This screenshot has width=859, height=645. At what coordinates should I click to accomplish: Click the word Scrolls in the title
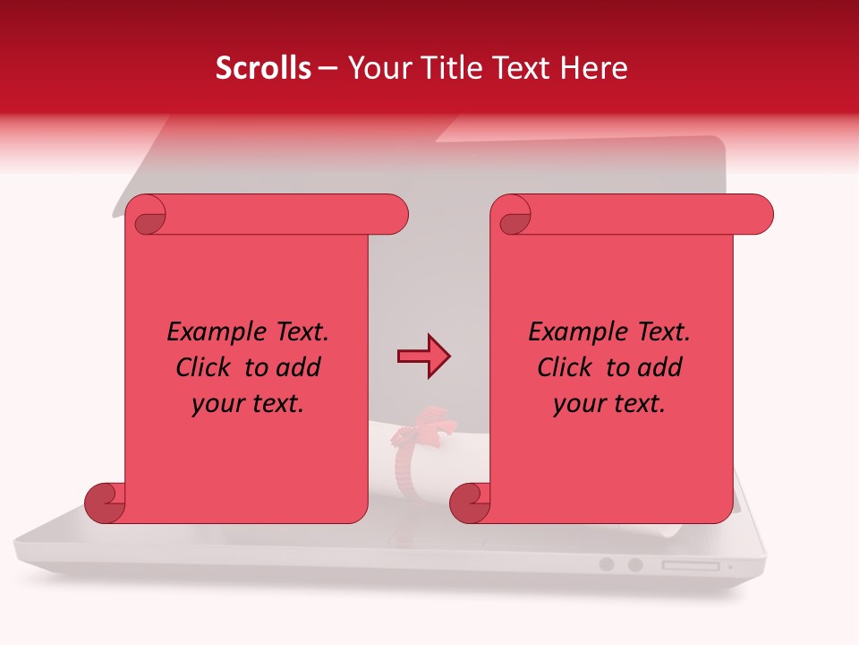tap(263, 68)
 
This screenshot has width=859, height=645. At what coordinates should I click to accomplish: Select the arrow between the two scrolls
tap(423, 357)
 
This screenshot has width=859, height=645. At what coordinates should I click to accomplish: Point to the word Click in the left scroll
tap(205, 367)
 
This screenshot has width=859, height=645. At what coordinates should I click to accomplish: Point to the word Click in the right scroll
tap(565, 367)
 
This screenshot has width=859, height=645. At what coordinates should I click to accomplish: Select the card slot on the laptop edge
tap(690, 565)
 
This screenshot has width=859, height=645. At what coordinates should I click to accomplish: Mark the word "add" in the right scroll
tap(659, 367)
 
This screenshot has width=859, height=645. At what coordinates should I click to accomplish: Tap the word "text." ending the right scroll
tap(639, 404)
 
